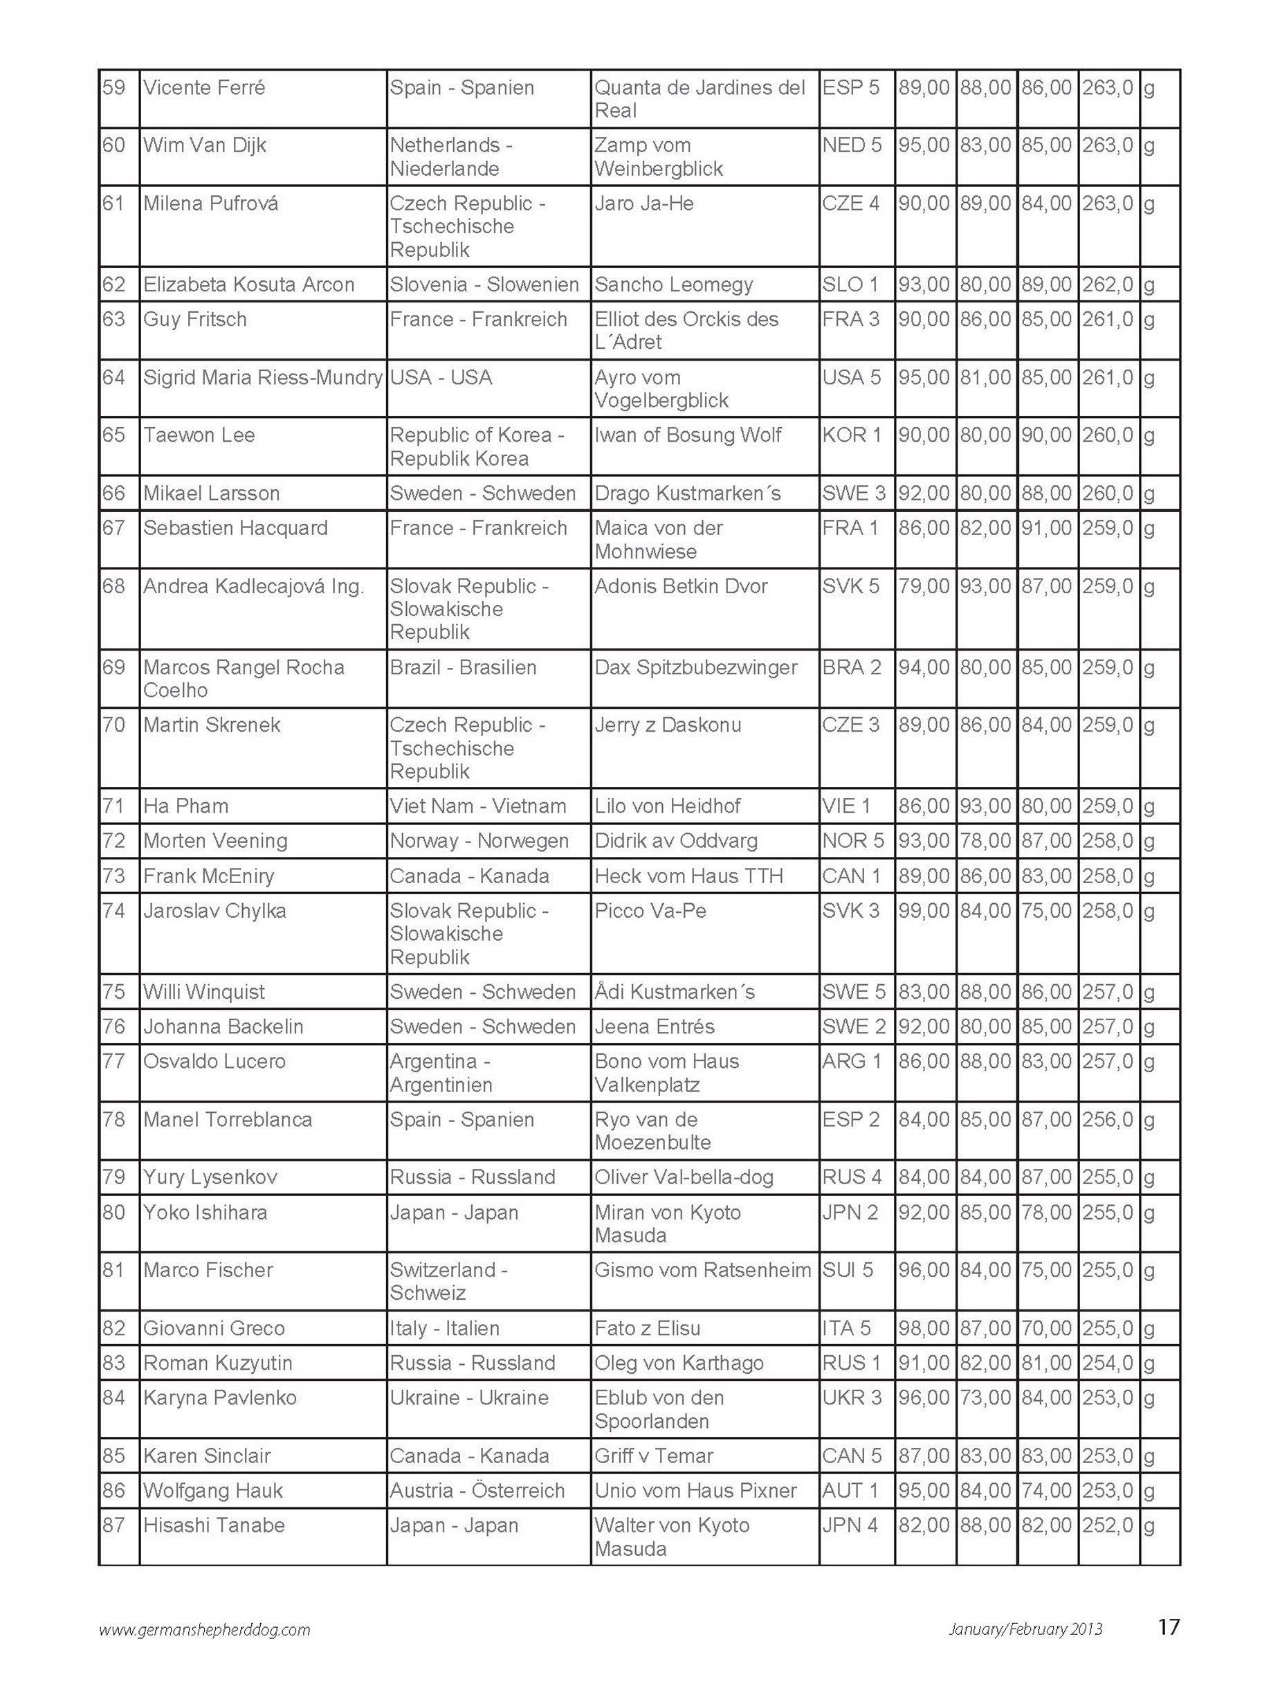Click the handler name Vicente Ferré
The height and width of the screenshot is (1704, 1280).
click(x=204, y=88)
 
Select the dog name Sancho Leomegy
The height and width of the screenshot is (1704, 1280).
click(x=673, y=284)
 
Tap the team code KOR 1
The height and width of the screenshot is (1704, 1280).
click(x=851, y=435)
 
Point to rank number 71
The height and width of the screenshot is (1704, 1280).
click(x=114, y=806)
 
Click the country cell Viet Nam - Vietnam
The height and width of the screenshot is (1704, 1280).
click(x=477, y=806)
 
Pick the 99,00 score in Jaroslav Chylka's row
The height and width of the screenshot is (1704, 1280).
click(x=924, y=911)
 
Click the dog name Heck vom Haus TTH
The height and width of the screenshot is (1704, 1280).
click(x=688, y=876)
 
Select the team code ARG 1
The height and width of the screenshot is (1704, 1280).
click(x=851, y=1061)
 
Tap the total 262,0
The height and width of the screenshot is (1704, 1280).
click(x=1107, y=284)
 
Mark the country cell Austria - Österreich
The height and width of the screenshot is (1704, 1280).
click(x=477, y=1491)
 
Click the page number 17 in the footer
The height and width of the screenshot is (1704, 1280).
click(x=1167, y=1627)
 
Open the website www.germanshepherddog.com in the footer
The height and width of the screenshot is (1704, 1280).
click(x=204, y=1629)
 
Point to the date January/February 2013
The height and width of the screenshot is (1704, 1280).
click(x=1025, y=1629)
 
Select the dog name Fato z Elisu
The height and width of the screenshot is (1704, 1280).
click(x=647, y=1328)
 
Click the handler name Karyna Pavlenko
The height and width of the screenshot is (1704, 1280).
click(x=219, y=1397)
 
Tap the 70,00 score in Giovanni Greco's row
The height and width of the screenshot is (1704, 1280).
click(x=1046, y=1328)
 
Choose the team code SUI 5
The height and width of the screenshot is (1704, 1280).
click(x=847, y=1269)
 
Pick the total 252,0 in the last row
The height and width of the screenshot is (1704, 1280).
click(x=1107, y=1525)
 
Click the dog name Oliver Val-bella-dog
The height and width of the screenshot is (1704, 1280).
click(x=684, y=1177)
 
